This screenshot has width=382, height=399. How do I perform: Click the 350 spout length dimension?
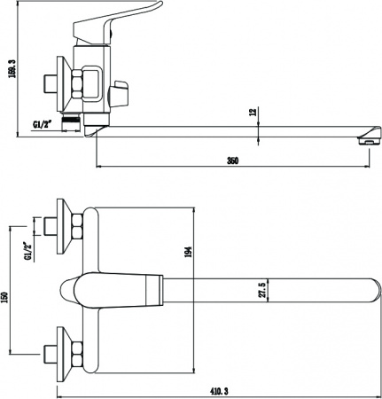[x=233, y=160]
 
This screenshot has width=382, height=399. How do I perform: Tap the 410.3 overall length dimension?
[x=219, y=392]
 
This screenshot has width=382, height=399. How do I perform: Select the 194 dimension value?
[x=188, y=252]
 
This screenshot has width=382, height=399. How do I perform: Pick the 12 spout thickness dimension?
[x=253, y=113]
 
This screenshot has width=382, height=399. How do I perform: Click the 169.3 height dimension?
[x=12, y=68]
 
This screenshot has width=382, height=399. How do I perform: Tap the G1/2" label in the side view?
[x=43, y=125]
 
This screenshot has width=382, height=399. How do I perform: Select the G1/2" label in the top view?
[x=28, y=251]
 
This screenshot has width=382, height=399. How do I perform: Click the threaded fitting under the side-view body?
[x=72, y=121]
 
